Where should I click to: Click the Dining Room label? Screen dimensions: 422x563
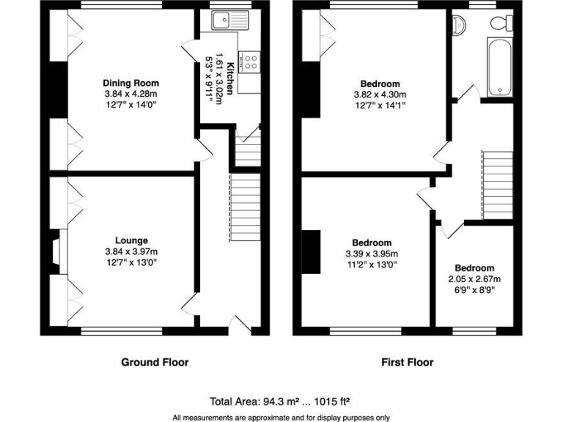point(130,83)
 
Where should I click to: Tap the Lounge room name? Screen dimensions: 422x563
point(131,240)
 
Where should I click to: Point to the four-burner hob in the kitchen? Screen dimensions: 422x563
point(250,62)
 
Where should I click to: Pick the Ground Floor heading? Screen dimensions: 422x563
point(155,362)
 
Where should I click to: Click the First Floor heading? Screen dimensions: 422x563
point(408,362)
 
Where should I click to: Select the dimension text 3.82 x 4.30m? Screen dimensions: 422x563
point(380,95)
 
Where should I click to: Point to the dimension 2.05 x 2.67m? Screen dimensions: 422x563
point(474,279)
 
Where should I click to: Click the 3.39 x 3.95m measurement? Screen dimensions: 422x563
point(371,253)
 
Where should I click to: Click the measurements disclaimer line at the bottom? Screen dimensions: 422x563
point(281,417)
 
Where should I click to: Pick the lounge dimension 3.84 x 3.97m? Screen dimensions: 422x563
point(131,251)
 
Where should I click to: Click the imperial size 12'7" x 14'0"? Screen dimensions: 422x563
point(130,105)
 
